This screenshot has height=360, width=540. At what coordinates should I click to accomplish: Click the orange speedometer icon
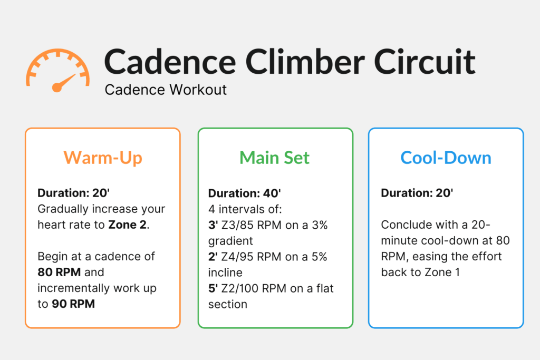[57, 69]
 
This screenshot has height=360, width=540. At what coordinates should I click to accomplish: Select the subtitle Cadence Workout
[166, 90]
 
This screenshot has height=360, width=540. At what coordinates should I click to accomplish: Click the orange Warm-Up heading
[103, 157]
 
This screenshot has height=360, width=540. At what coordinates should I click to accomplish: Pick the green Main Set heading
[275, 157]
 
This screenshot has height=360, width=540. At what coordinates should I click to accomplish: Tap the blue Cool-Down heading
[446, 157]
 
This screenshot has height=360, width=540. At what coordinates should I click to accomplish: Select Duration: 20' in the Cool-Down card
[417, 193]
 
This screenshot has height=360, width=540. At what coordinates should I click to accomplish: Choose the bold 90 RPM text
[71, 304]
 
